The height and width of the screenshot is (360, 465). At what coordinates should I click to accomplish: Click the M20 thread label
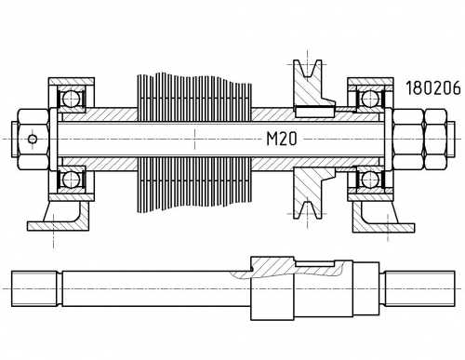[282, 139]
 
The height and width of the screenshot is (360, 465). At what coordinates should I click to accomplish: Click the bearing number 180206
[433, 87]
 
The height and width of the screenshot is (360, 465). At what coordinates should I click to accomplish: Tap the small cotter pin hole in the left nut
[33, 139]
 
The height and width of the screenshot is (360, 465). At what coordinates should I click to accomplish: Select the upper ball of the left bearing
[71, 99]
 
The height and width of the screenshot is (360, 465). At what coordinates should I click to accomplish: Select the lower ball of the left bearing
[71, 180]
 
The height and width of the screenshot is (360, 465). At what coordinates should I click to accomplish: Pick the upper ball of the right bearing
[370, 99]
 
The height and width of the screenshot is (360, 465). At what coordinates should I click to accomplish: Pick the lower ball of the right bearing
[370, 180]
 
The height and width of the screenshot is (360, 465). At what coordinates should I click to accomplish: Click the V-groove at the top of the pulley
[308, 68]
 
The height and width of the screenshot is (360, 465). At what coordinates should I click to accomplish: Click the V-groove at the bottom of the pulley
[308, 210]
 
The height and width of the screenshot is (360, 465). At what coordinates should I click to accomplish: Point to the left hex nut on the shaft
[33, 140]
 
